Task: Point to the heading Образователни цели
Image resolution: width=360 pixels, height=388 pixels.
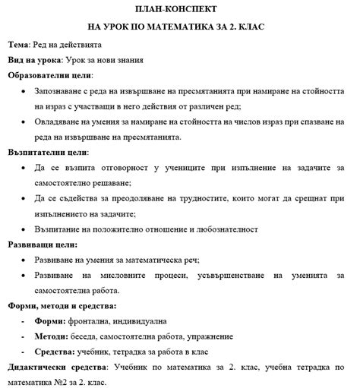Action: pyautogui.click(x=50, y=75)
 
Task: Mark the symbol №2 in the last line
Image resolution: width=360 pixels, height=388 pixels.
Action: pyautogui.click(x=66, y=382)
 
